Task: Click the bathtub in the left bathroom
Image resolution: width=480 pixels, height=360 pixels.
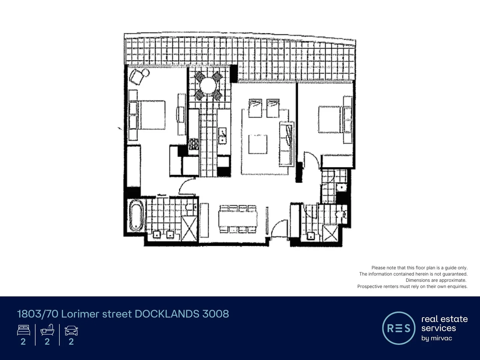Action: click(x=136, y=215)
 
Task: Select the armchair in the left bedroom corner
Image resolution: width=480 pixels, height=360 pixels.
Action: click(x=138, y=76)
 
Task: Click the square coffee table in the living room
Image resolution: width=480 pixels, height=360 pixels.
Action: click(x=258, y=144)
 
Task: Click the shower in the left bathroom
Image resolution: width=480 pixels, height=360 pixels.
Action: click(x=189, y=228)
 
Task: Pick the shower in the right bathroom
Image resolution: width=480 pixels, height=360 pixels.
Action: click(x=330, y=232)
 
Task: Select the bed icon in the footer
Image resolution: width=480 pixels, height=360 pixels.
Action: click(x=23, y=330)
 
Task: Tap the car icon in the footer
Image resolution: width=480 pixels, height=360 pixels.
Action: click(x=71, y=330)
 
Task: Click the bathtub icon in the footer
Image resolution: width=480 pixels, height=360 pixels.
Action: click(x=47, y=330)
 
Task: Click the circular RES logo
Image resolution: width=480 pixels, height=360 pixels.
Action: click(x=399, y=328)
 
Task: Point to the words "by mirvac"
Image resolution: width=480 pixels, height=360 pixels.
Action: click(x=437, y=338)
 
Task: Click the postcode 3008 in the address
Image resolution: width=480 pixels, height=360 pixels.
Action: click(x=216, y=314)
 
